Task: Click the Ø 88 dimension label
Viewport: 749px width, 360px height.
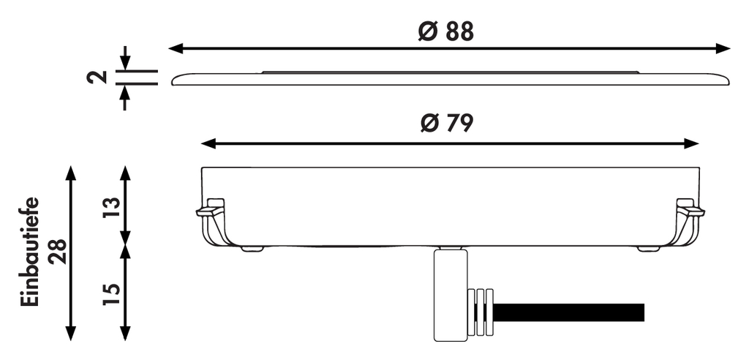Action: coord(446,31)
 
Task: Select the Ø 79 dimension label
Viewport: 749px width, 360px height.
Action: coord(446,124)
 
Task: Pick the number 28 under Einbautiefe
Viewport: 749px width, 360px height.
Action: coord(57,252)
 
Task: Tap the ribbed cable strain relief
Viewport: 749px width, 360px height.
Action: coord(480,313)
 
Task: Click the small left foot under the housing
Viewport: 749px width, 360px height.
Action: coord(252,249)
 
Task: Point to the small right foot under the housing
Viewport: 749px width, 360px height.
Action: coord(648,249)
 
